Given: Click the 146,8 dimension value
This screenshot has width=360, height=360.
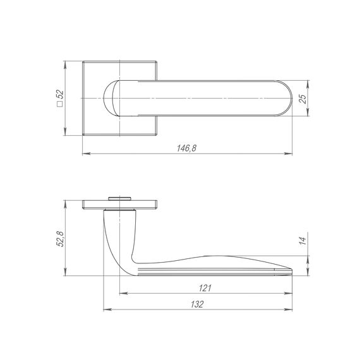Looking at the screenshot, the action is click(x=186, y=148).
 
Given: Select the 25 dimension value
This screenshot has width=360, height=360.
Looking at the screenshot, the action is click(x=303, y=99).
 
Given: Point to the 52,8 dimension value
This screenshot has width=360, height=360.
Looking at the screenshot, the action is click(x=60, y=239).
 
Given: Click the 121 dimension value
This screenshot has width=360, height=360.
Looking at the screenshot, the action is click(x=205, y=288).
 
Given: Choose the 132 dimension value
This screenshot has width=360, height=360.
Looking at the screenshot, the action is click(x=197, y=304).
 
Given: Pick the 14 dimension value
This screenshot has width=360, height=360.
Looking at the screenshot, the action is click(x=303, y=241).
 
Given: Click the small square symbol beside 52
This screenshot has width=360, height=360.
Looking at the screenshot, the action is click(x=60, y=104).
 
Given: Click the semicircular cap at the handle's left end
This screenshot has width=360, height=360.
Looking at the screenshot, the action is click(x=108, y=99).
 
